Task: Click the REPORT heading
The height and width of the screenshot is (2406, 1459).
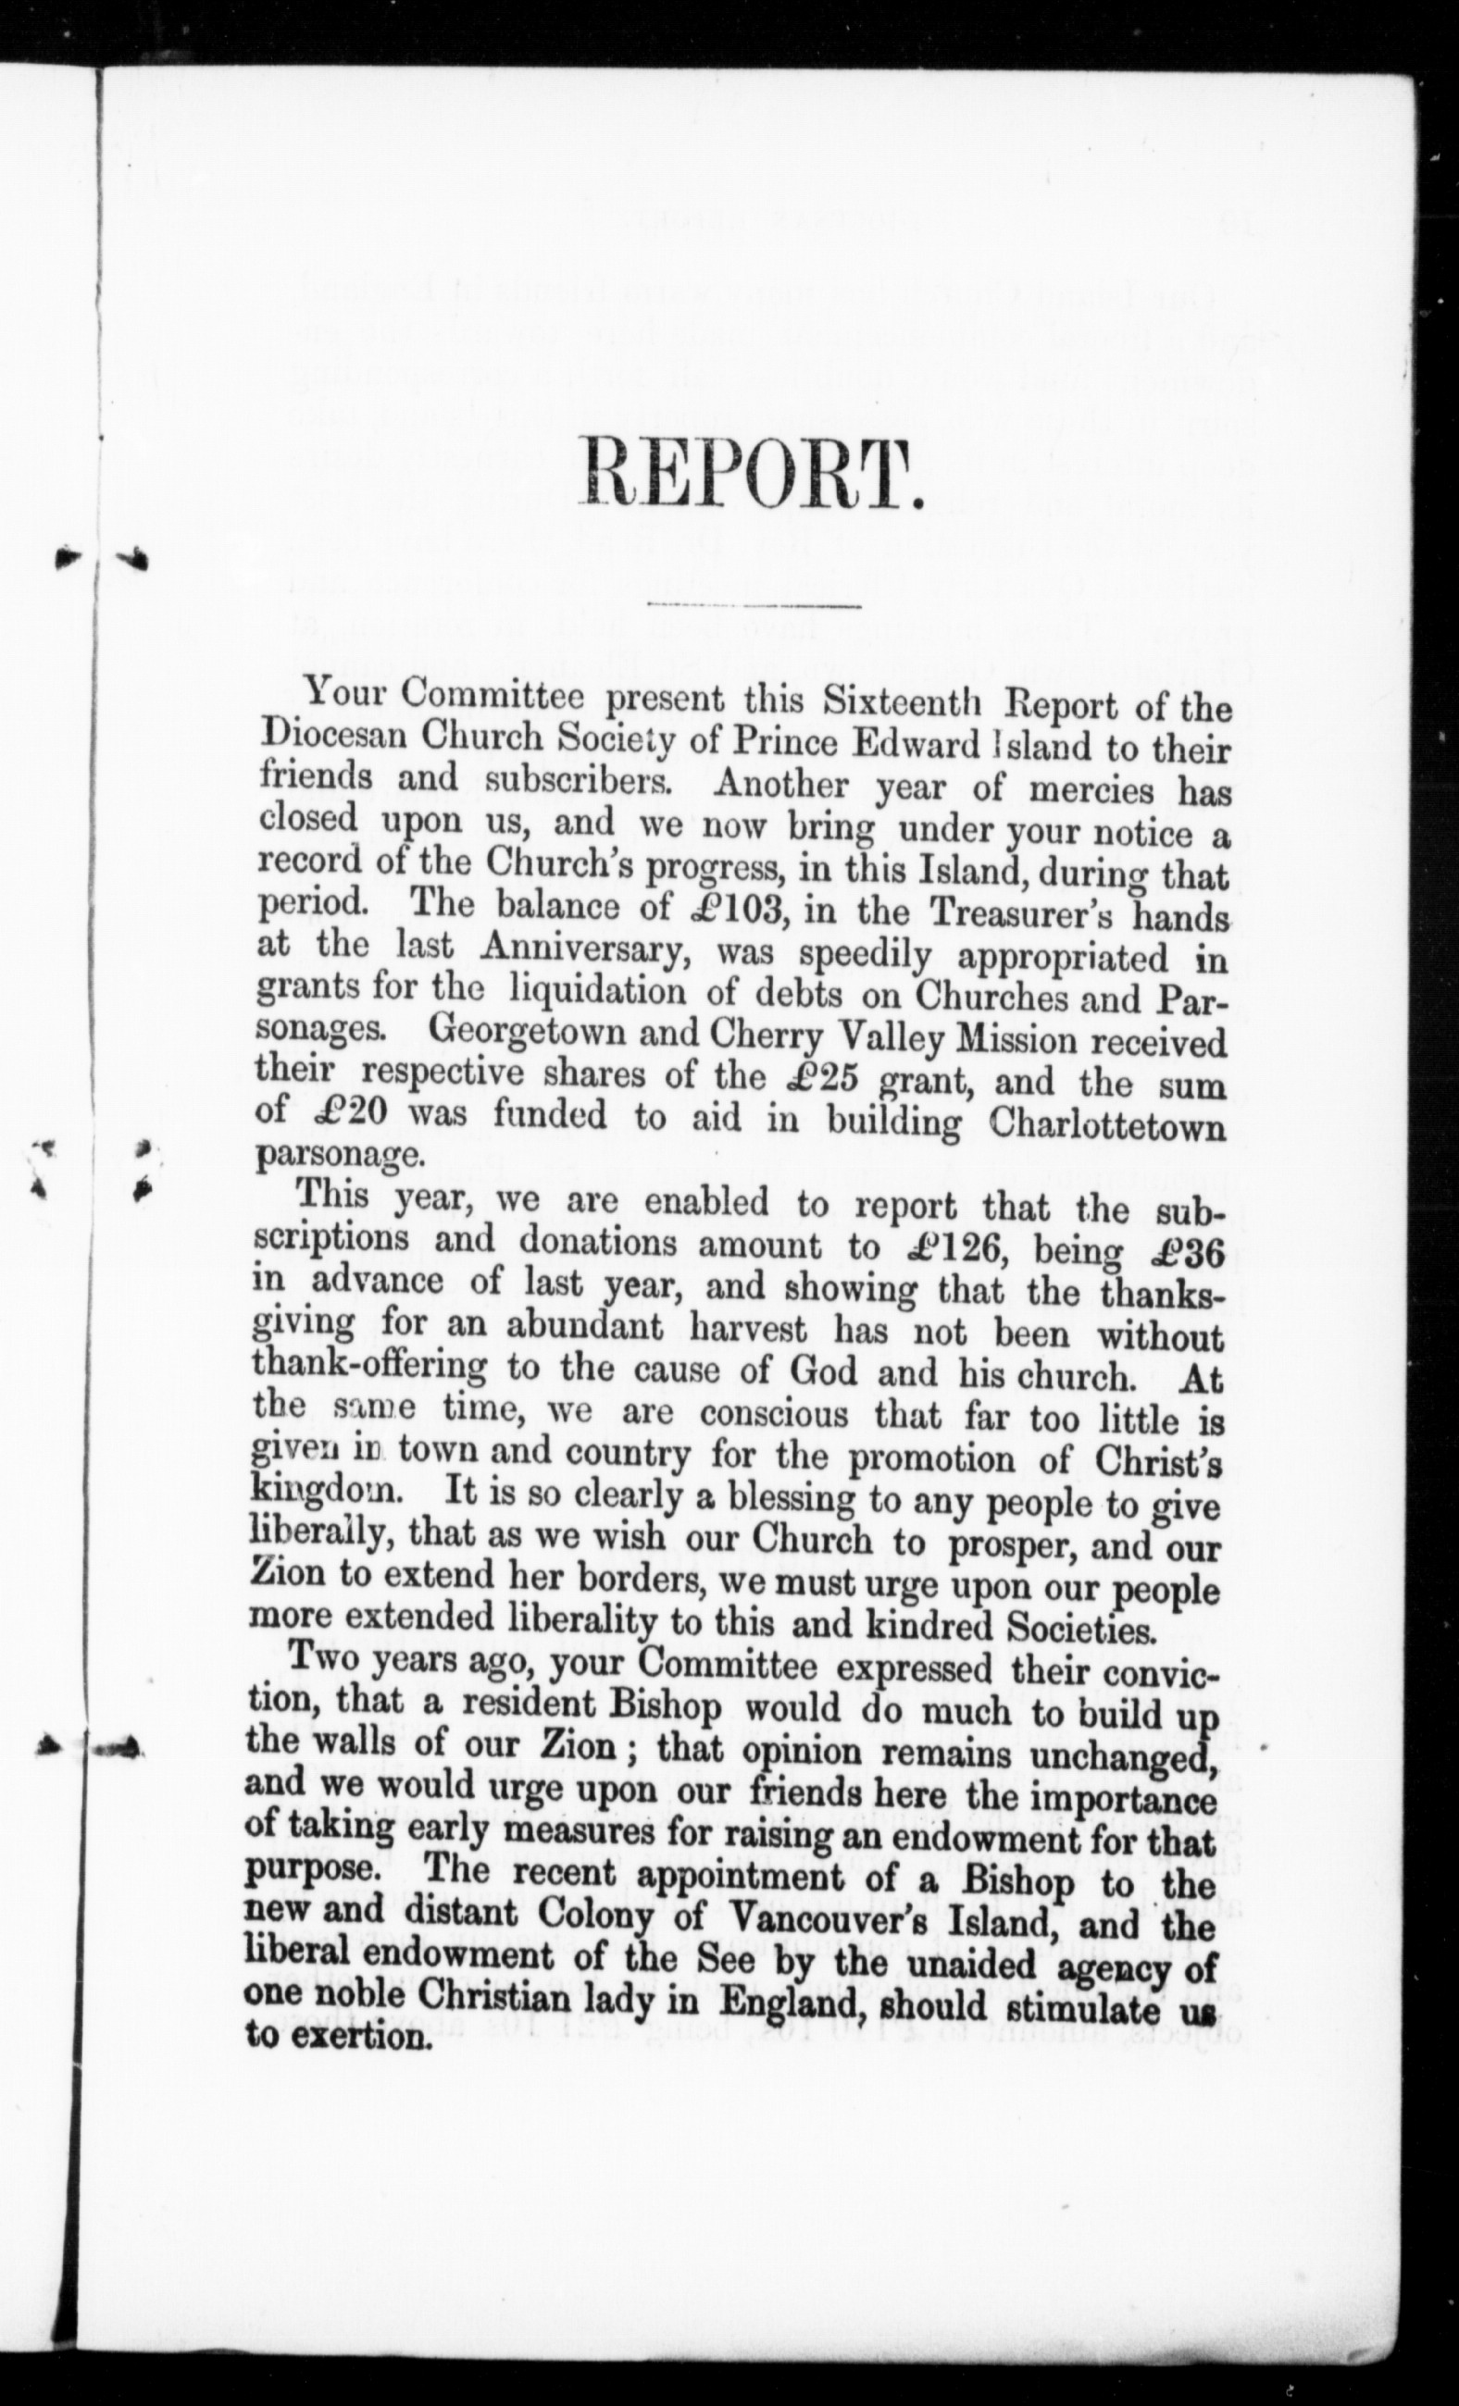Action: click(x=751, y=474)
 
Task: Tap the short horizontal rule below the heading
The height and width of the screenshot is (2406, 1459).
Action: click(x=751, y=608)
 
